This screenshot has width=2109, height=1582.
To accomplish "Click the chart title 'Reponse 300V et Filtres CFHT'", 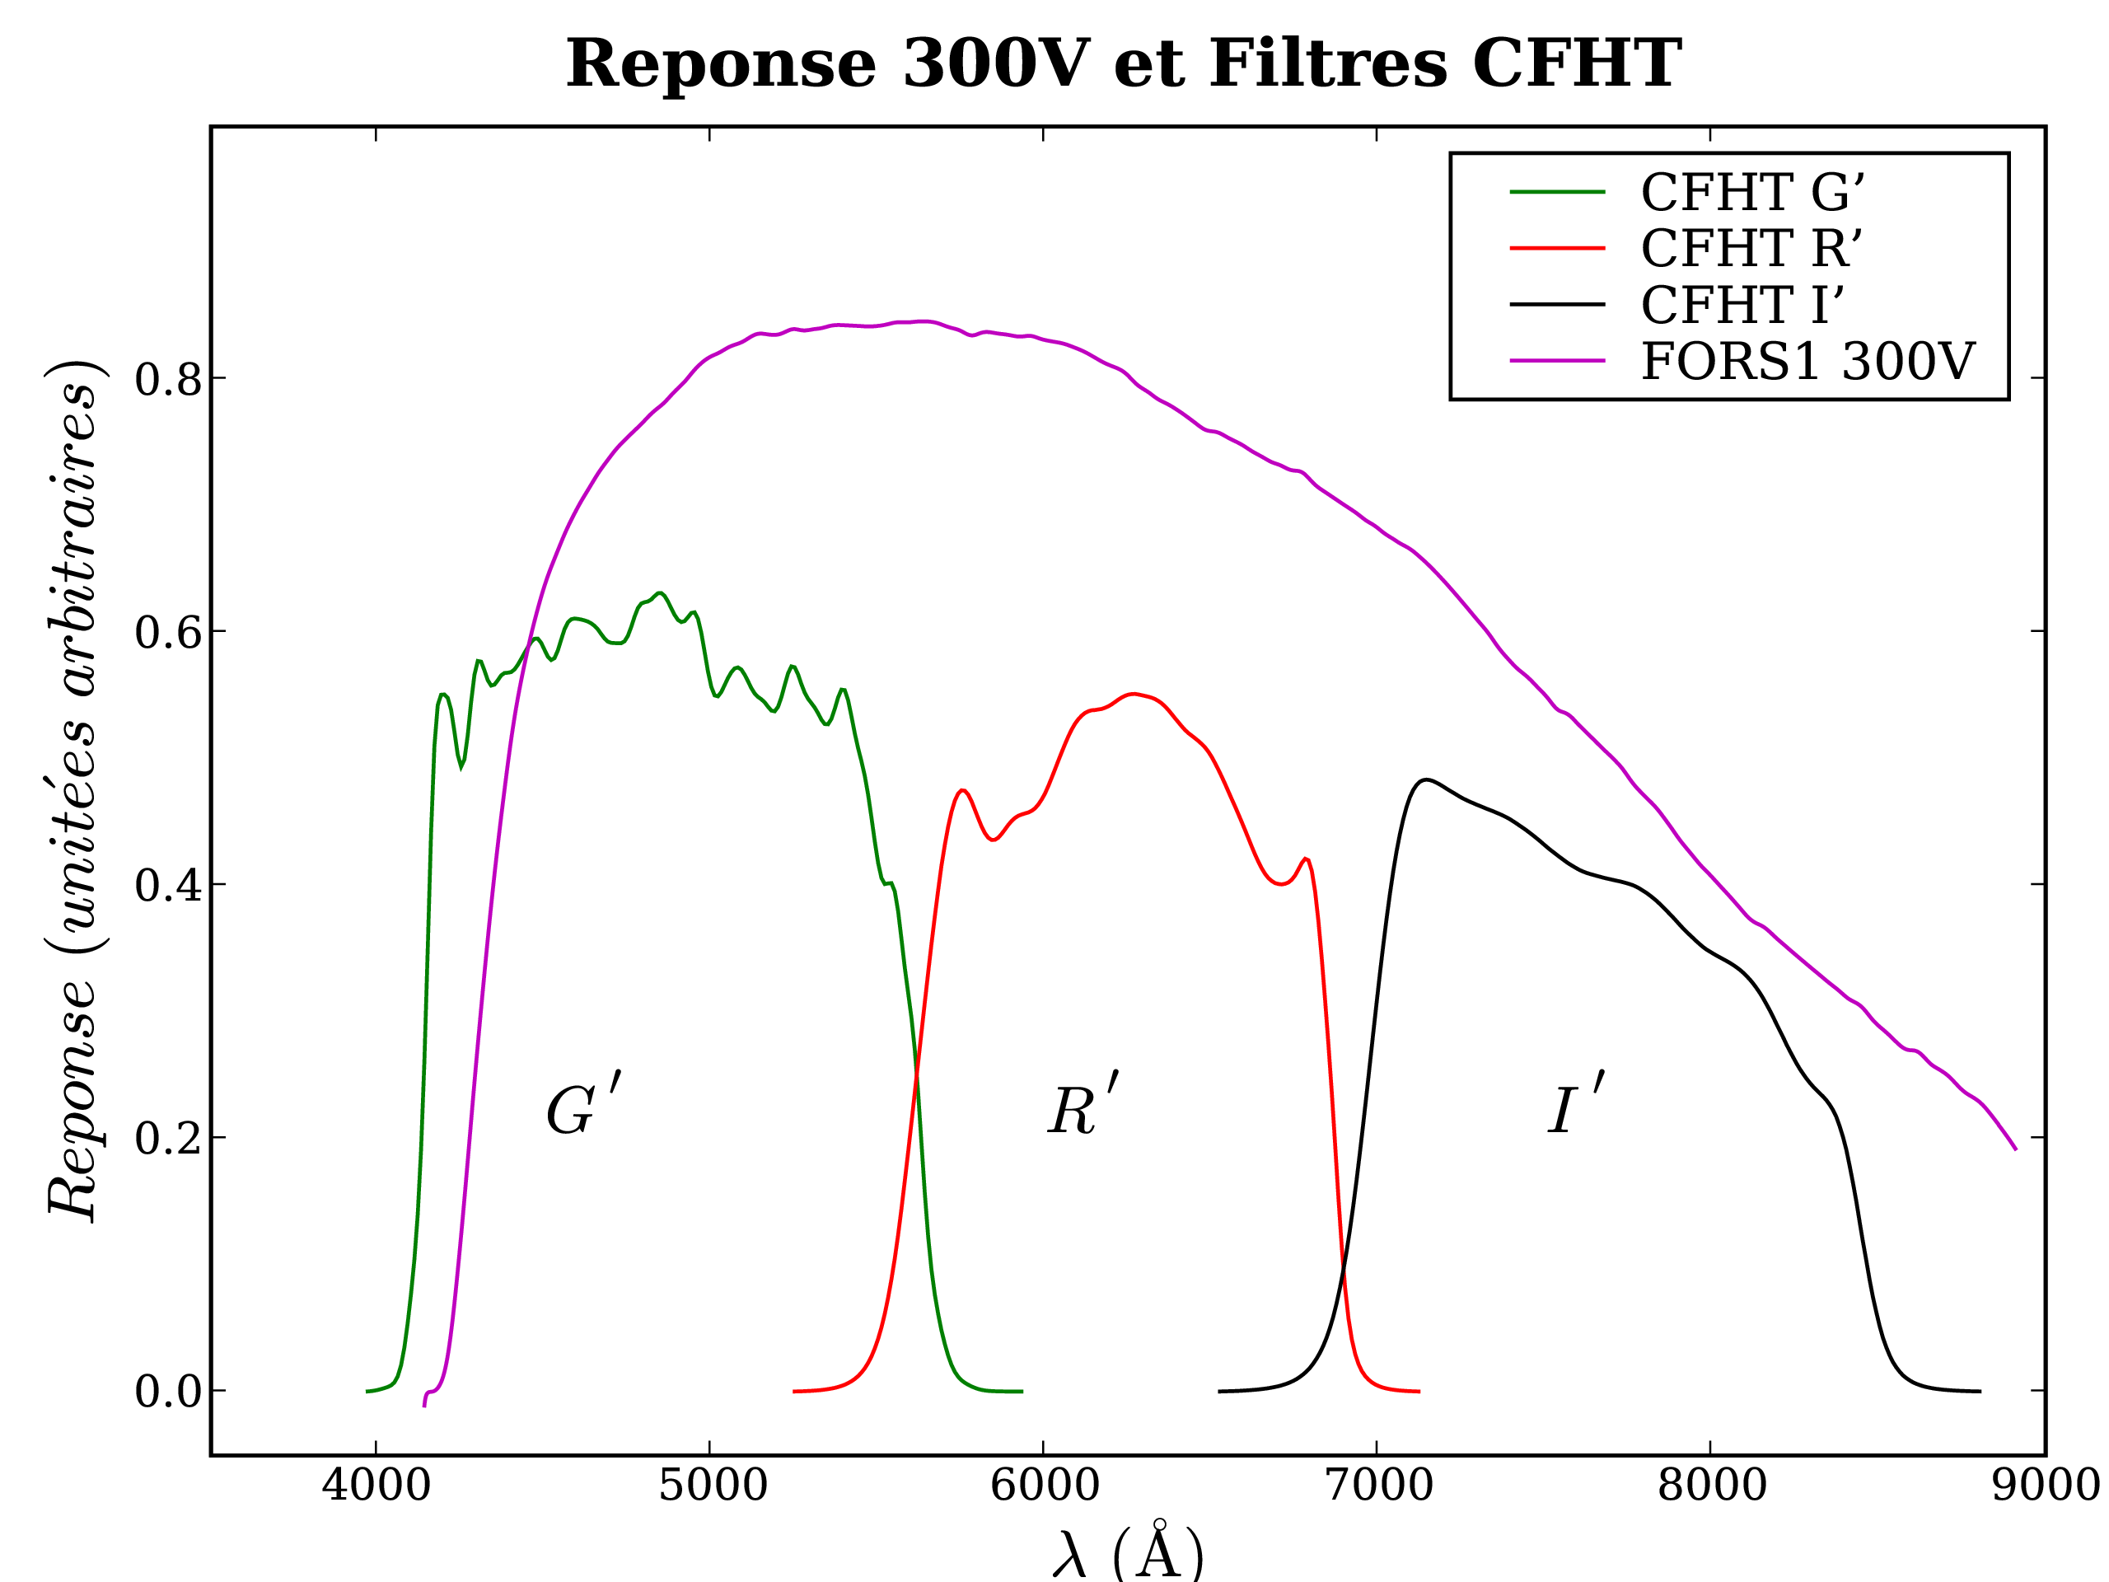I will pyautogui.click(x=1123, y=65).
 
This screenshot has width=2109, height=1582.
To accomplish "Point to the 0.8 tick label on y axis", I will pyautogui.click(x=169, y=380).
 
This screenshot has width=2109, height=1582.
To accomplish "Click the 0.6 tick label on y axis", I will pyautogui.click(x=169, y=632).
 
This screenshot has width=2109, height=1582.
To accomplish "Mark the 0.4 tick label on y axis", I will pyautogui.click(x=169, y=886).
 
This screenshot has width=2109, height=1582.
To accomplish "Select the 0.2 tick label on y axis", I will pyautogui.click(x=169, y=1139).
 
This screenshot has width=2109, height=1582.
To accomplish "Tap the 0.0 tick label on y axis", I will pyautogui.click(x=169, y=1392).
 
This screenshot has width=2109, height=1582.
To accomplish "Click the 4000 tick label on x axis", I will pyautogui.click(x=376, y=1486).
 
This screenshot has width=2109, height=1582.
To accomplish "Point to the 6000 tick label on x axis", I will pyautogui.click(x=1045, y=1486).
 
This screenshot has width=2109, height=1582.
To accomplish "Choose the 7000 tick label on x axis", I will pyautogui.click(x=1378, y=1486).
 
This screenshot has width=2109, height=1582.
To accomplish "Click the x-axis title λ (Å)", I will pyautogui.click(x=1128, y=1552).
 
